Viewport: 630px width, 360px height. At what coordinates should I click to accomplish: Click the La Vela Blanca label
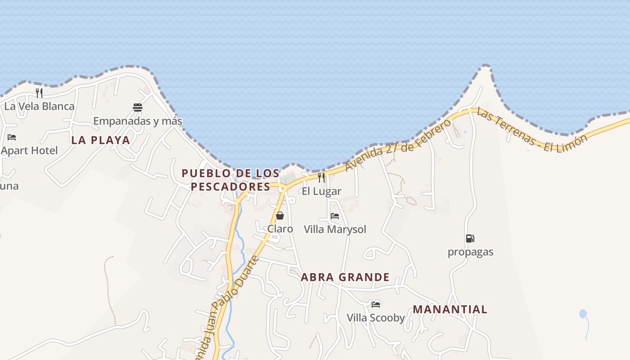39,106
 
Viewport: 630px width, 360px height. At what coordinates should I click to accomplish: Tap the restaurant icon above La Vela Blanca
39,93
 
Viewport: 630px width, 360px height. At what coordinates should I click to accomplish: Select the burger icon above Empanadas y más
138,108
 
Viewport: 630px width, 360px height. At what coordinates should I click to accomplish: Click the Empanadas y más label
138,121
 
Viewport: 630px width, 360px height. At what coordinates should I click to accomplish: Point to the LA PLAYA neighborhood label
101,140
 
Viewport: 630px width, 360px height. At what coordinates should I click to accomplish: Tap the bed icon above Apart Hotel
12,137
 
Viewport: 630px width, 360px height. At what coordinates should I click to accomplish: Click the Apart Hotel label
30,150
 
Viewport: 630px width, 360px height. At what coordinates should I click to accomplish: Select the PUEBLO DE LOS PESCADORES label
230,180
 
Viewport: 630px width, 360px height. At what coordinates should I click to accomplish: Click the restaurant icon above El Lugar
321,178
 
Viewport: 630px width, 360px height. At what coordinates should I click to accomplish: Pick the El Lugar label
321,191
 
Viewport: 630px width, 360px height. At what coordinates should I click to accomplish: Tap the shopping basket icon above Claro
280,216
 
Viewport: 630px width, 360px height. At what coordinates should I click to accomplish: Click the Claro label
280,229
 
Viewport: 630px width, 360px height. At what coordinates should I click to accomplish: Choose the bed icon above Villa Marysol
335,216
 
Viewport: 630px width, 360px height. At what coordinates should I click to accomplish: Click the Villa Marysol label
335,229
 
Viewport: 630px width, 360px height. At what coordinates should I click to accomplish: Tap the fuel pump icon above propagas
470,238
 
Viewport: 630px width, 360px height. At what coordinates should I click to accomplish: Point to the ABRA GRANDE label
345,277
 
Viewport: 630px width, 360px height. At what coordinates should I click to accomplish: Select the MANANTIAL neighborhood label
450,310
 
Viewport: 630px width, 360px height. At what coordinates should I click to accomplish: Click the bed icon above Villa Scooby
376,305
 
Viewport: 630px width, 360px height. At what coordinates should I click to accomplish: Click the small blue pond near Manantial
583,313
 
